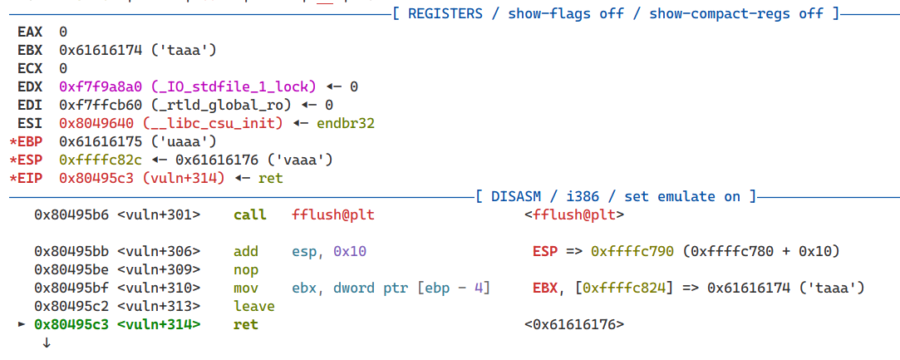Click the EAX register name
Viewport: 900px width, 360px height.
point(30,32)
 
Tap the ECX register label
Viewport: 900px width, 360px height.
point(30,69)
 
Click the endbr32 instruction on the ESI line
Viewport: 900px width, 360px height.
point(344,124)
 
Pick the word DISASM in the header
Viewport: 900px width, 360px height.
point(516,197)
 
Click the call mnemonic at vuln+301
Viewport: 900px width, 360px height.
point(249,215)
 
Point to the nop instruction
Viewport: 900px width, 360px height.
point(246,270)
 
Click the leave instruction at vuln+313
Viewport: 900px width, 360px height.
point(253,307)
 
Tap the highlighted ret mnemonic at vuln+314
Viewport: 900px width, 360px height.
point(246,325)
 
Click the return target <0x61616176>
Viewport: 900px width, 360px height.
point(574,325)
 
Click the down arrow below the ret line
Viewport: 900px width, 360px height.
point(47,343)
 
